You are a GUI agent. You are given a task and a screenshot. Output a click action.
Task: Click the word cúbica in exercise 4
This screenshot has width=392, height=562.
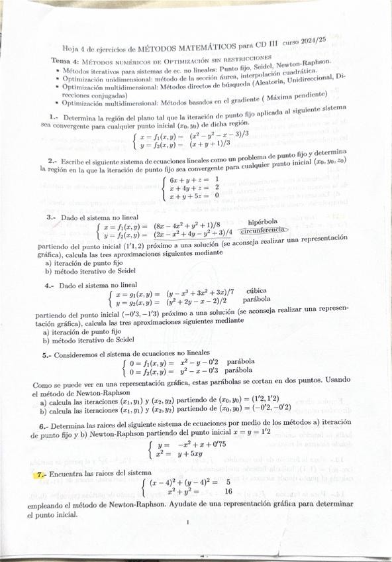258,291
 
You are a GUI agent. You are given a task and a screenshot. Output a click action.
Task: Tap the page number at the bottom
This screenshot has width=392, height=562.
188,523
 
